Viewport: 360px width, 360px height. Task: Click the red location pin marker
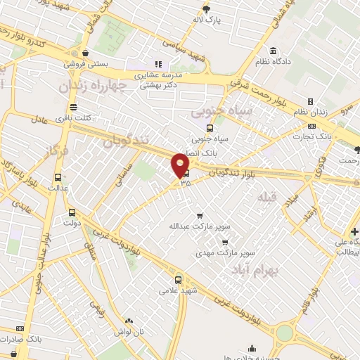[x=181, y=165]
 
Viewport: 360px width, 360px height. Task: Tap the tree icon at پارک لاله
[x=206, y=9]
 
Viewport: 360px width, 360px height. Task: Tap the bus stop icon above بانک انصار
[x=209, y=128]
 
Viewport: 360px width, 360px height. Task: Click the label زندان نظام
[x=309, y=112]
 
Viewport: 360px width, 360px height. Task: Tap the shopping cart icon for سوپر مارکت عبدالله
[x=200, y=216]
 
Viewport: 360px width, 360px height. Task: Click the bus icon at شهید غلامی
[x=178, y=278]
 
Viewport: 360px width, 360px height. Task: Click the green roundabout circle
[x=284, y=333]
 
